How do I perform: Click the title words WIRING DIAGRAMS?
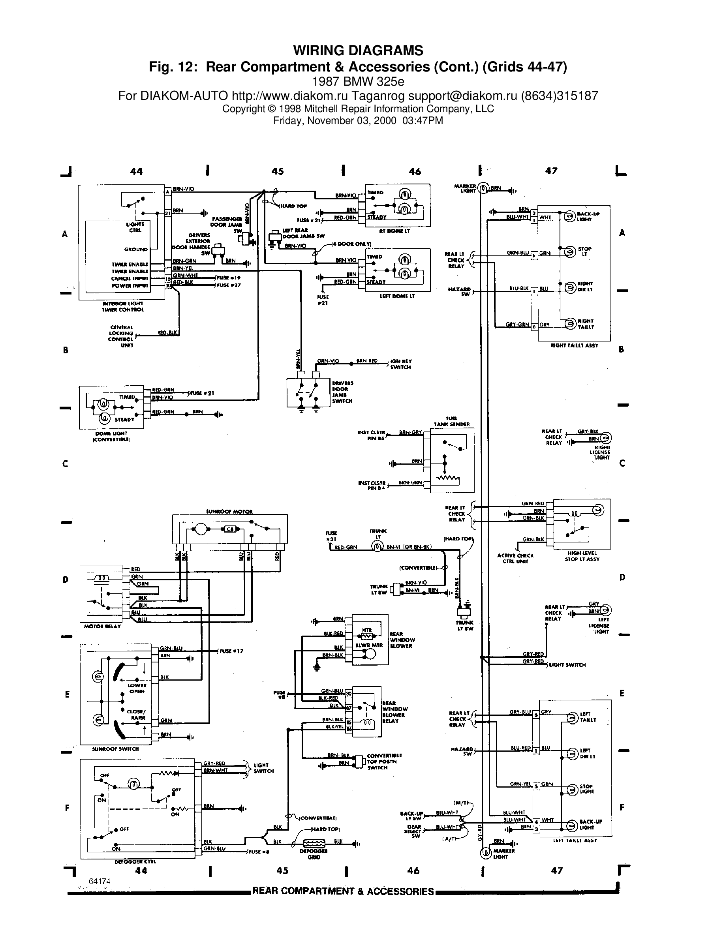pyautogui.click(x=358, y=51)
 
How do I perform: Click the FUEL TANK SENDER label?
pyautogui.click(x=451, y=421)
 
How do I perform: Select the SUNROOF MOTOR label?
pyautogui.click(x=229, y=512)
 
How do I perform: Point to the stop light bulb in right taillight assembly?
pyautogui.click(x=570, y=252)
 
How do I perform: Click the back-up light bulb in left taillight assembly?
pyautogui.click(x=572, y=825)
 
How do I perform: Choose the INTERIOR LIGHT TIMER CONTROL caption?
pyautogui.click(x=123, y=306)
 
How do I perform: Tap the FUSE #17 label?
pyautogui.click(x=231, y=651)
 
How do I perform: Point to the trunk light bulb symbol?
pyautogui.click(x=377, y=547)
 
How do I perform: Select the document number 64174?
pyautogui.click(x=100, y=881)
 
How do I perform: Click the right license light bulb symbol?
pyautogui.click(x=606, y=438)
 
